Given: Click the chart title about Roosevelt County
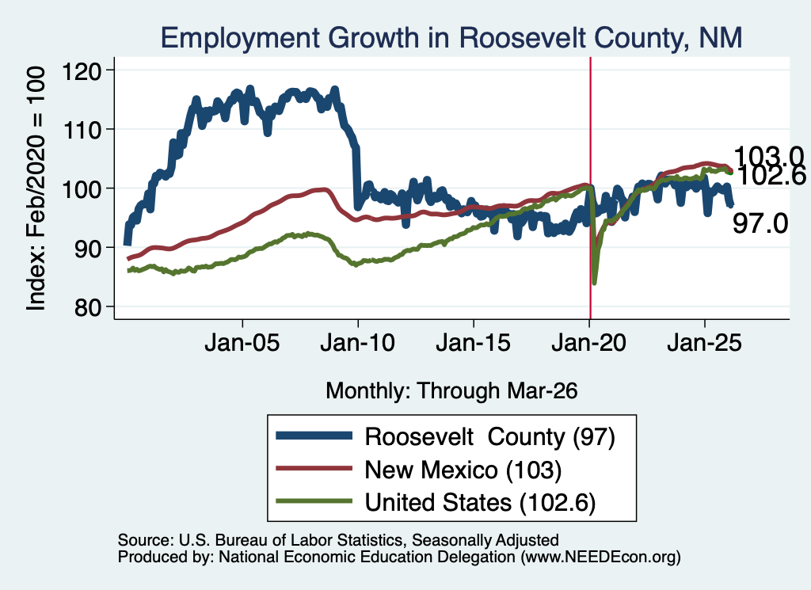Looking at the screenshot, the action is click(x=451, y=38).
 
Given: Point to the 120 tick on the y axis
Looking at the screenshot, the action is click(x=82, y=70).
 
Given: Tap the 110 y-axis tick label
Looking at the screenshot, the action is click(x=82, y=129).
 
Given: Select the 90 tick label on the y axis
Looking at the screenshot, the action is click(x=88, y=248).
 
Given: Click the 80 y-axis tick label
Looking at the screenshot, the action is click(x=88, y=307).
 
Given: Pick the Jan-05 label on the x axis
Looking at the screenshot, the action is click(x=242, y=343).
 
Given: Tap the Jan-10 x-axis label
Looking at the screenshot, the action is click(x=357, y=343).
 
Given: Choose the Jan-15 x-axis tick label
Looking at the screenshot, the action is click(x=474, y=343).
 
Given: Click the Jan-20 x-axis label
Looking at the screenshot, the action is click(x=588, y=343).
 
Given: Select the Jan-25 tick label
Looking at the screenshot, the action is click(x=704, y=343).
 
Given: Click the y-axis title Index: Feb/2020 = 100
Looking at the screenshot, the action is click(x=36, y=188).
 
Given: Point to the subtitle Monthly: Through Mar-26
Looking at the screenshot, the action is click(x=451, y=391).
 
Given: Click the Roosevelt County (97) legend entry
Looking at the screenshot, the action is click(x=489, y=437).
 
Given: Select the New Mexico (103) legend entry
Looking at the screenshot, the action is click(x=463, y=470).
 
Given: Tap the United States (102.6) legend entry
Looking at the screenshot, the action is click(x=480, y=503).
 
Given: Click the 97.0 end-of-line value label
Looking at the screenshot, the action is click(x=760, y=224).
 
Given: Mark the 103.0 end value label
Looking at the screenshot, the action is click(x=768, y=156).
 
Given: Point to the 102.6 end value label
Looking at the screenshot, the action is click(x=770, y=177).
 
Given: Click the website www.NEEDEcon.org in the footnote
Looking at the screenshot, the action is click(x=600, y=557).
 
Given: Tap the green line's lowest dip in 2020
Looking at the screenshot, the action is click(x=594, y=283).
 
